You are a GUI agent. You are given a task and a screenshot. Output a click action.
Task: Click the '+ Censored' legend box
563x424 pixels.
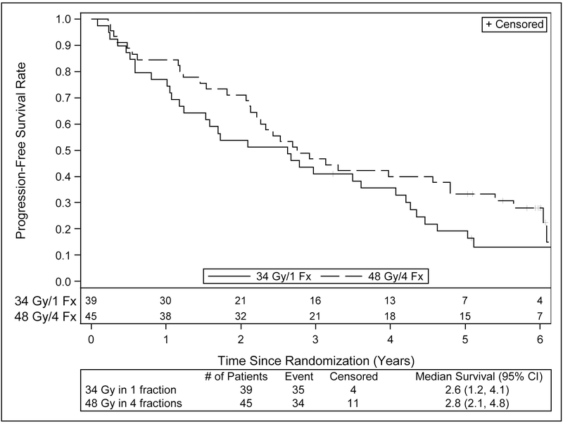[x=514, y=24]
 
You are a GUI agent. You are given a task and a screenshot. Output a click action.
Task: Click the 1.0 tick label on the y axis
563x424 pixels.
[x=64, y=19]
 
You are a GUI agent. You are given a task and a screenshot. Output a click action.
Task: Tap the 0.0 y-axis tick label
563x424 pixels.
[x=64, y=281]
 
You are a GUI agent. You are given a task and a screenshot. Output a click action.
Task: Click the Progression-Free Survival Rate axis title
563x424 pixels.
[x=21, y=150]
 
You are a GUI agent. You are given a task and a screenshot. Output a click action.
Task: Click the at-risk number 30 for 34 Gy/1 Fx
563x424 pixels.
[x=165, y=301]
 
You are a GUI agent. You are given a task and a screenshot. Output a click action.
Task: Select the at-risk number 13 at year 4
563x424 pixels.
[x=390, y=301]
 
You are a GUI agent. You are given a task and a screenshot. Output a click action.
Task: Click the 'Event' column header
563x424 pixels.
[x=299, y=377]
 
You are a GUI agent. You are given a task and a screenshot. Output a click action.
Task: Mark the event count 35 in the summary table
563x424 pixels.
[x=299, y=390]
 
